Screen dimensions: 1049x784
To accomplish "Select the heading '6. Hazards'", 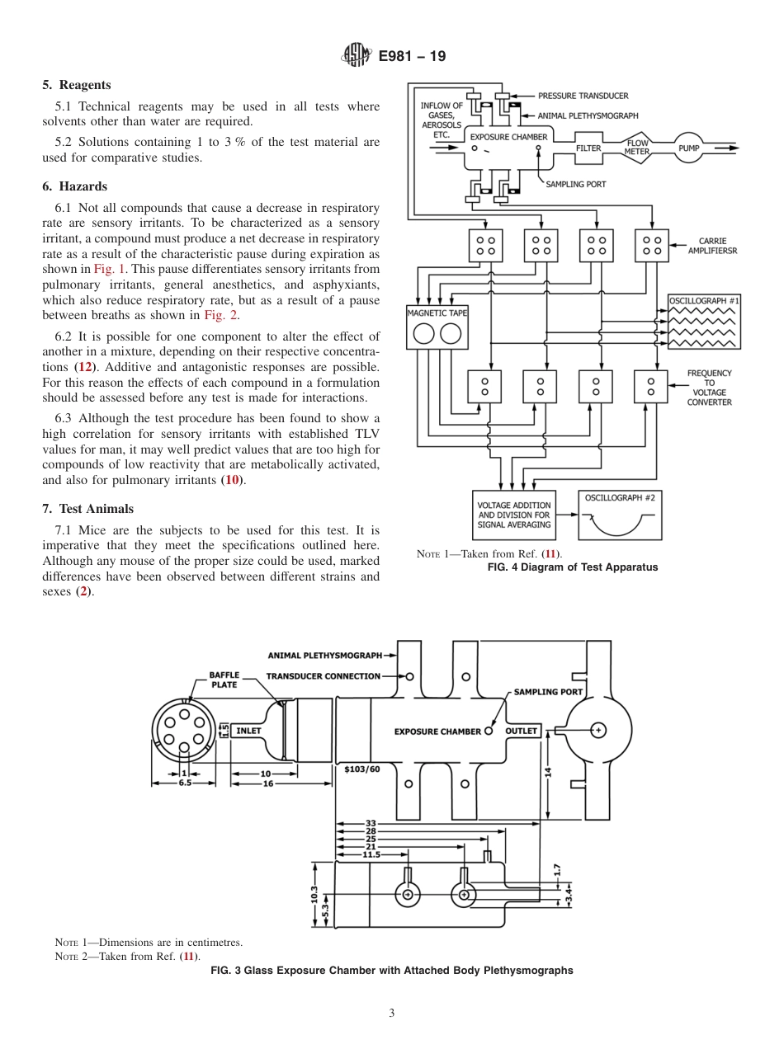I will [75, 186].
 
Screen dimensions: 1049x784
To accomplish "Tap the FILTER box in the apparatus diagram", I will [588, 148].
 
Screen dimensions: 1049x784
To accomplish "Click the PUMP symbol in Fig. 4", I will [688, 148].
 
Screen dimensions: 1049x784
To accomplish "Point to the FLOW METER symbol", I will [636, 148].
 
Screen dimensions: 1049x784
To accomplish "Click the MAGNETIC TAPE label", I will [437, 313].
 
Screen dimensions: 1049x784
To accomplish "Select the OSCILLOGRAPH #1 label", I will [704, 301].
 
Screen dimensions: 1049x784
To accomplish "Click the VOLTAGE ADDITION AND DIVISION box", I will [514, 515].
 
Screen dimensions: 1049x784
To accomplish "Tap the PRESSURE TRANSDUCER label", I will [583, 96].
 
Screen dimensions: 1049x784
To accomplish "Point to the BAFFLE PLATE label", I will [224, 680].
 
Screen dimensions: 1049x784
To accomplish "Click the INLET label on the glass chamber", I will [249, 731].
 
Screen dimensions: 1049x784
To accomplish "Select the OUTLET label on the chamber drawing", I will [522, 731].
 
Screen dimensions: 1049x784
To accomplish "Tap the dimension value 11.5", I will [371, 855].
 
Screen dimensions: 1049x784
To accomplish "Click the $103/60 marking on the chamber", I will [362, 769].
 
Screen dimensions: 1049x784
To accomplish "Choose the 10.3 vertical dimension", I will [314, 895].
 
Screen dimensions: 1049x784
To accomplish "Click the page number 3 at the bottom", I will [391, 1014].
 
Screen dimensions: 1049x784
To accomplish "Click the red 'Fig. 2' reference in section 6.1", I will [220, 315].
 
